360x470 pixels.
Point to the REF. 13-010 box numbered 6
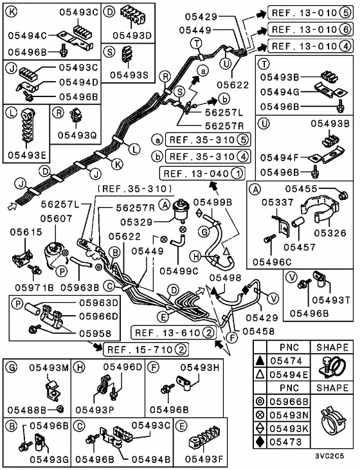pos(310,30)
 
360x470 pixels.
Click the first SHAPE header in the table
pos(332,346)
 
